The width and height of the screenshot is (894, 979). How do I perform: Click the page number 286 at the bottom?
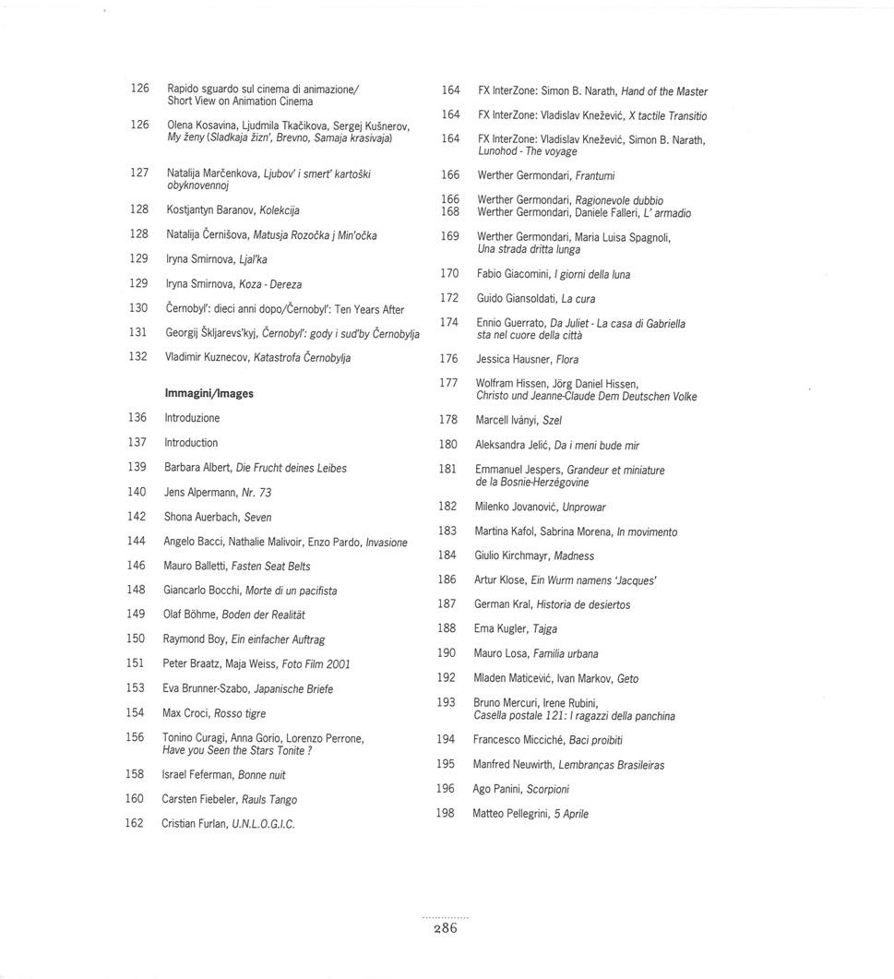click(x=446, y=929)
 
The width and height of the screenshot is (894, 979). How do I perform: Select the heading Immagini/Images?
click(x=209, y=393)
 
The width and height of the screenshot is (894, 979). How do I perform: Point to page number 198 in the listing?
click(x=447, y=813)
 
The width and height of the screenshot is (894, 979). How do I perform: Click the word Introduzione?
click(x=192, y=418)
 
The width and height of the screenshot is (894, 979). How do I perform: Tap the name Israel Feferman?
click(x=197, y=775)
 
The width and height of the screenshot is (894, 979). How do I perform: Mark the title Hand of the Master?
click(x=664, y=91)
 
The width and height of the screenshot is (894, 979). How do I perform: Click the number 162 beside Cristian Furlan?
click(x=135, y=823)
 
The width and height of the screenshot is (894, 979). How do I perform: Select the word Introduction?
click(x=191, y=443)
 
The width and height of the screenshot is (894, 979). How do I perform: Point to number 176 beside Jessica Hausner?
click(x=448, y=359)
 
